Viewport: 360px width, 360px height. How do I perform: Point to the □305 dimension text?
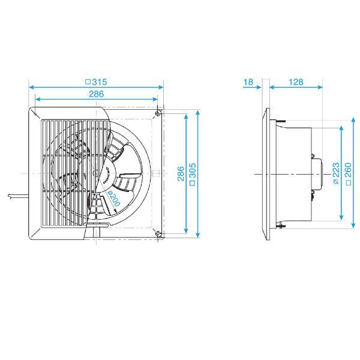point(193,174)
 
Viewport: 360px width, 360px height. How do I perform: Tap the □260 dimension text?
point(347,174)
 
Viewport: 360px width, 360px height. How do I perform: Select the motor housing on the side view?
point(318,174)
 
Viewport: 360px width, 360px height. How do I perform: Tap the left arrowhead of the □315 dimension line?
point(31,86)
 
